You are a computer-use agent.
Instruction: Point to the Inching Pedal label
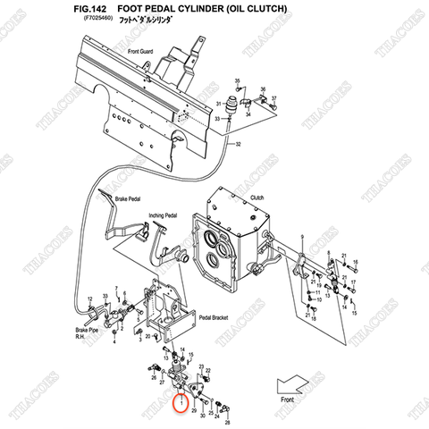point(163,215)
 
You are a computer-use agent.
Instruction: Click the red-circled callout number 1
point(181,402)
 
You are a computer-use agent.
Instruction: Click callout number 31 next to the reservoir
point(217,105)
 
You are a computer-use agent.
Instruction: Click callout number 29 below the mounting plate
point(194,410)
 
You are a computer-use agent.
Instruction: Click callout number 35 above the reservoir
point(237,81)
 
